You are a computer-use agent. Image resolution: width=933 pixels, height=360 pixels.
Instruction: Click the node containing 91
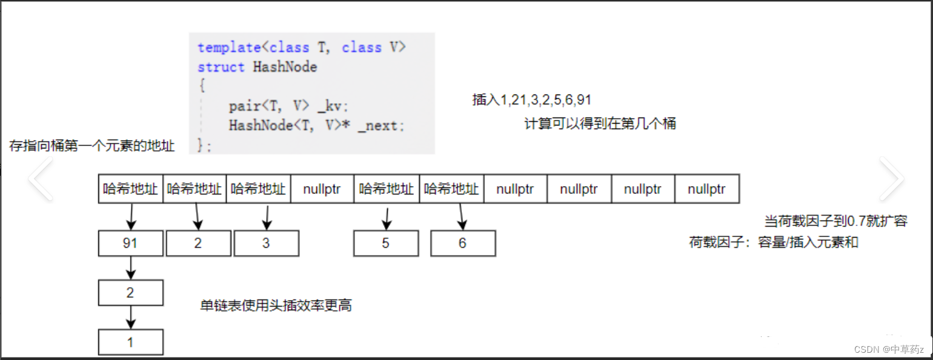pos(131,244)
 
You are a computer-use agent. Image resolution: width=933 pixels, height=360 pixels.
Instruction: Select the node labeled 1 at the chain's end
pos(131,342)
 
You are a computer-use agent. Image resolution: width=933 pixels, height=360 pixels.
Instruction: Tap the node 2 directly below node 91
pos(131,293)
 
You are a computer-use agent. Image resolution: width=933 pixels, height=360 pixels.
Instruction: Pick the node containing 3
pos(267,244)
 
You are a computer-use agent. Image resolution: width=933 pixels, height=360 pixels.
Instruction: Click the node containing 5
pos(386,244)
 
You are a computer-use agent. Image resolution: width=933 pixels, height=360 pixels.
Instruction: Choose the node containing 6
pos(463,244)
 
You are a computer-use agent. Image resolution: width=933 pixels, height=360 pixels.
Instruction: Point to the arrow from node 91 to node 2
pos(131,268)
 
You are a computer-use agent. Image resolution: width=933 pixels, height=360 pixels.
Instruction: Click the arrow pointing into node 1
pos(131,318)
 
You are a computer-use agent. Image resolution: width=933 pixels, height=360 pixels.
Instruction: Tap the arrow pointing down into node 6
pos(462,217)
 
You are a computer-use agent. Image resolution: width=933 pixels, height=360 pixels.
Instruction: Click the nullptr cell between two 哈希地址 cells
pos(322,188)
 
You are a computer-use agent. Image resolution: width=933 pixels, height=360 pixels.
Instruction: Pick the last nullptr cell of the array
pos(707,188)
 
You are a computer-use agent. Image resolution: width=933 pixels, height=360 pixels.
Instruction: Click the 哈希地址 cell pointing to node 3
pos(258,188)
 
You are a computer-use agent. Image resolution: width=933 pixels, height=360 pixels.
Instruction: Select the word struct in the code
pos(221,67)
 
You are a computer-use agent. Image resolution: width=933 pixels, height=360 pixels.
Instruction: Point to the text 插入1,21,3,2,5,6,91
pos(532,100)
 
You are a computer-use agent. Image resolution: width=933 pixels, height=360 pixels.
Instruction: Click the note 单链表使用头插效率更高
pos(276,305)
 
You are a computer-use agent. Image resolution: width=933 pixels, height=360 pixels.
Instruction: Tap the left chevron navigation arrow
pos(41,179)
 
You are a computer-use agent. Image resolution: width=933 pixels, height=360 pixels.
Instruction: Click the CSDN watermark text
pos(889,349)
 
